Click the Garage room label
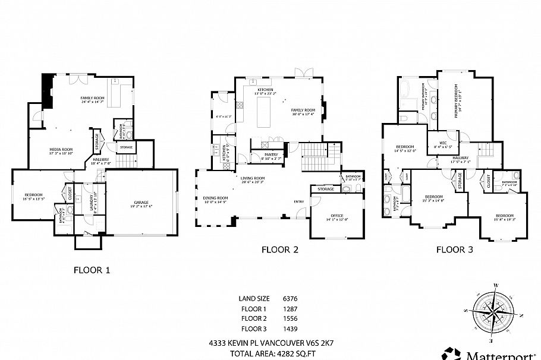141,203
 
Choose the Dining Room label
215,200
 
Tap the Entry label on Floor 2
298,201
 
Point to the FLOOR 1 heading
92,270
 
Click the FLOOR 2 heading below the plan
279,250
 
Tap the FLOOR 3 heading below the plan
455,250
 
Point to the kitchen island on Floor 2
264,113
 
